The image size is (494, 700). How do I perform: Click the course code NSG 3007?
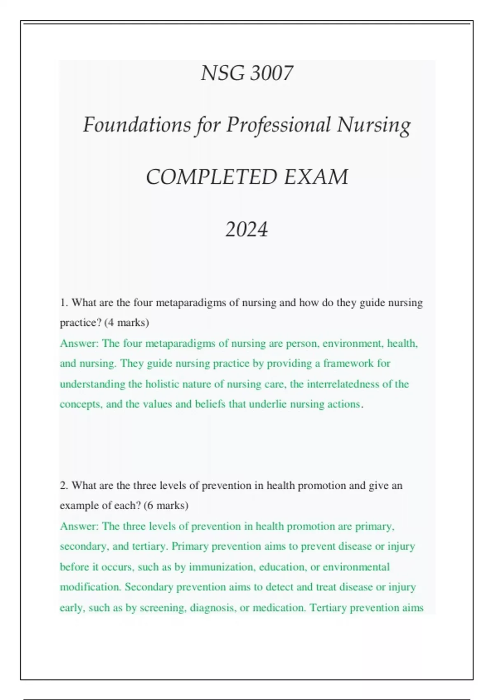(x=247, y=73)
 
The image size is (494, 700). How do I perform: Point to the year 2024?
(x=247, y=229)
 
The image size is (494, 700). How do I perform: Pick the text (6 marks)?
(x=166, y=505)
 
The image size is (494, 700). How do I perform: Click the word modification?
(x=90, y=587)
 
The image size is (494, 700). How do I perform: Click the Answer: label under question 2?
(x=79, y=526)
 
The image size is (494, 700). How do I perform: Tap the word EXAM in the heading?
(x=316, y=177)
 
